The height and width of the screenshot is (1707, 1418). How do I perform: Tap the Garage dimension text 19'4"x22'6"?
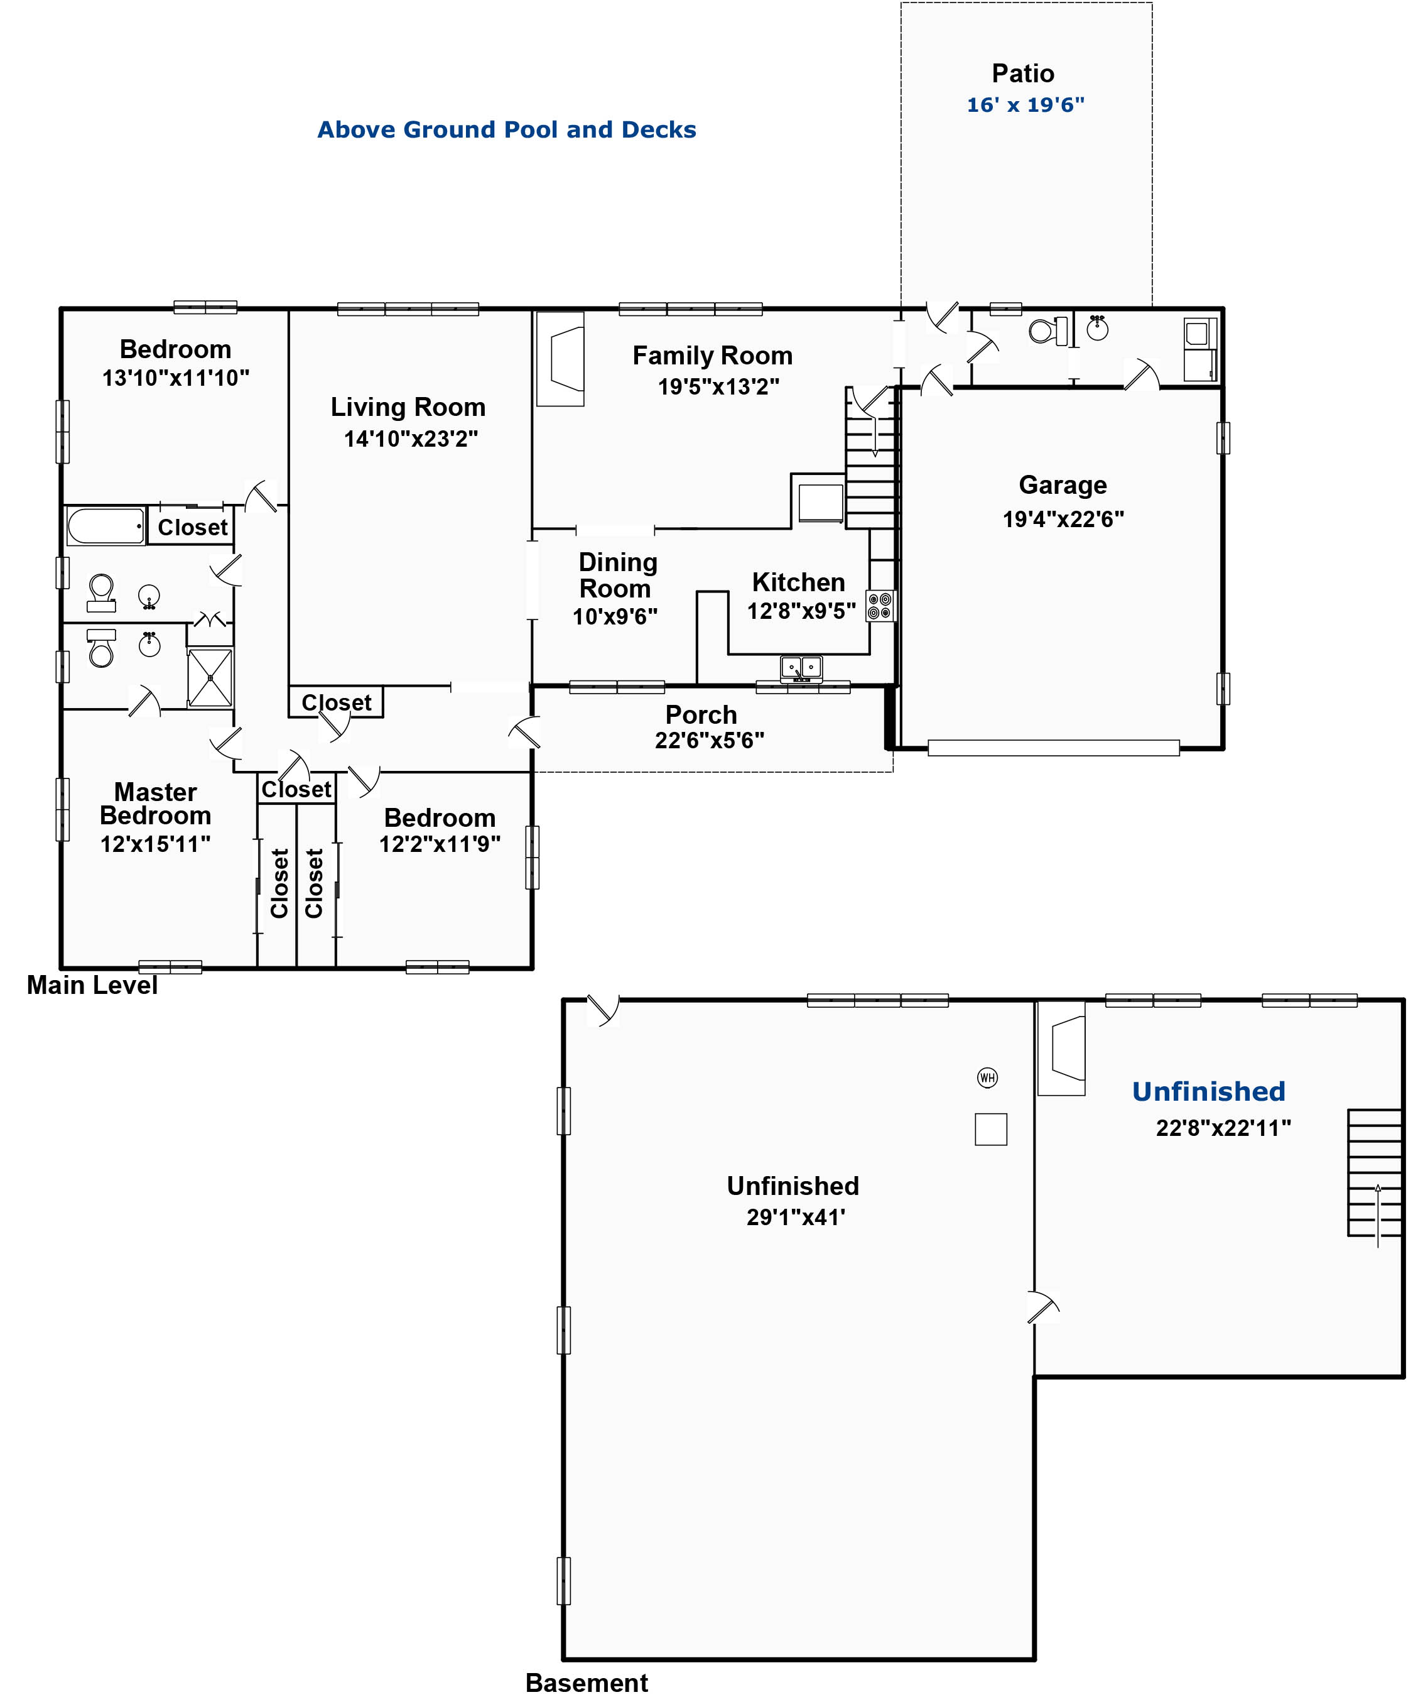coord(1063,518)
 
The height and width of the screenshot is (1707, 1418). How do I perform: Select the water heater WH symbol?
coord(987,1078)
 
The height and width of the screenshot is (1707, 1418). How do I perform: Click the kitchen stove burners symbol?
coord(880,606)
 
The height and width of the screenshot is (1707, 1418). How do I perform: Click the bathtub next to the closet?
coord(106,526)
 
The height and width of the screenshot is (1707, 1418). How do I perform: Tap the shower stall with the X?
coord(210,677)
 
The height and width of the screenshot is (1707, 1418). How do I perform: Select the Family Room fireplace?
coord(560,359)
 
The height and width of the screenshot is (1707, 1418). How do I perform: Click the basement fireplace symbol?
coord(1061,1049)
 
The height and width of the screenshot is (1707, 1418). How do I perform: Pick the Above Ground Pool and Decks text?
coord(506,130)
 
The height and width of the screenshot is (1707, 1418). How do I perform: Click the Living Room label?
coord(408,407)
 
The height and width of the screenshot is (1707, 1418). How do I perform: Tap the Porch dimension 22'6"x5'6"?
coord(710,741)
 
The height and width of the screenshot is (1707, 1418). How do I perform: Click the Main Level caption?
coord(92,985)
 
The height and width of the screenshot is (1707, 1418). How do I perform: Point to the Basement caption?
coord(587,1682)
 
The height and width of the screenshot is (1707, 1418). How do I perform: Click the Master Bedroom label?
coord(155,804)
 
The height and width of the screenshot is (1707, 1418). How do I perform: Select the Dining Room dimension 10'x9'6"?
coord(615,617)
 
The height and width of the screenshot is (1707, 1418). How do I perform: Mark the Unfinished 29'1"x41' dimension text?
coord(796,1217)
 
